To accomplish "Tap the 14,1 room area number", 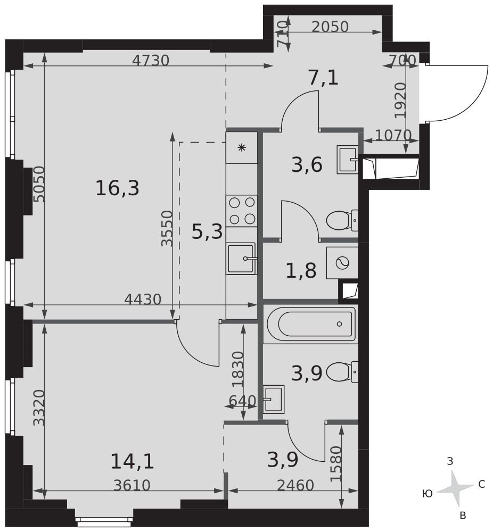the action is pos(133,462).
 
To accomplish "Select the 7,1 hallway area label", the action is pos(323,78).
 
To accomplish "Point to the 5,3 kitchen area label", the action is pos(207,232).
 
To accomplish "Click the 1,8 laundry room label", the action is pos(301,271).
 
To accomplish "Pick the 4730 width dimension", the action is pos(151,61).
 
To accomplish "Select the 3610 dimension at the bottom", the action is pos(132,486).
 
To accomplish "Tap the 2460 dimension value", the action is pos(295,486).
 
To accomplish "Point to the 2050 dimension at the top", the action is pos(330,27).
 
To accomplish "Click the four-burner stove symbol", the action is pos(242,211).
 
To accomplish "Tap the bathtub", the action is pos(311,324).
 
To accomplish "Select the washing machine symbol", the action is pos(342,263).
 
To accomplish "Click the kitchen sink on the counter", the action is pos(242,258).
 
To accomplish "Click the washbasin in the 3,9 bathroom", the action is pos(274,399).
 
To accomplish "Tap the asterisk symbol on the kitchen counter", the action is pos(242,147).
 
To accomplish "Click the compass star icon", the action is pos(455,488).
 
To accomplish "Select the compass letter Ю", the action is pos(427,494).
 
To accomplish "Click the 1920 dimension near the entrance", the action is pos(401,101).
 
